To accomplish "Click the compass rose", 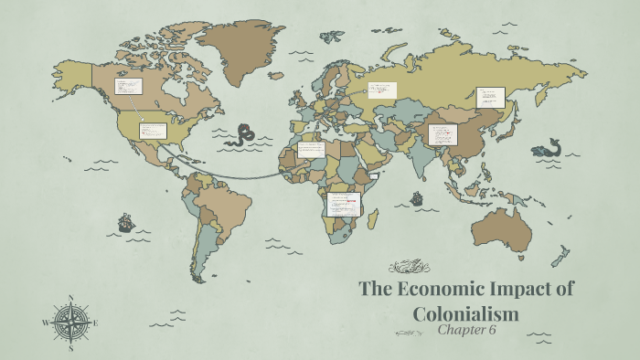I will pyautogui.click(x=70, y=322).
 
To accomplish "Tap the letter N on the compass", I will pyautogui.click(x=70, y=297).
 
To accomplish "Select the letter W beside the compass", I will pyautogui.click(x=46, y=323).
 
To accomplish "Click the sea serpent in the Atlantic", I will pyautogui.click(x=243, y=136).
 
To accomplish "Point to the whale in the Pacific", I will pyautogui.click(x=549, y=148).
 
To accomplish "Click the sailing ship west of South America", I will pyautogui.click(x=125, y=222).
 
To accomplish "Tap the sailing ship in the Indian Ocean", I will pyautogui.click(x=417, y=197).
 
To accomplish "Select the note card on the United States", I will pyautogui.click(x=152, y=130).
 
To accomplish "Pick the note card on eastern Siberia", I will pyautogui.click(x=490, y=97).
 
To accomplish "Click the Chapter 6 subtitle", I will pyautogui.click(x=465, y=330).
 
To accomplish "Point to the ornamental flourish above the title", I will pyautogui.click(x=409, y=267).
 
